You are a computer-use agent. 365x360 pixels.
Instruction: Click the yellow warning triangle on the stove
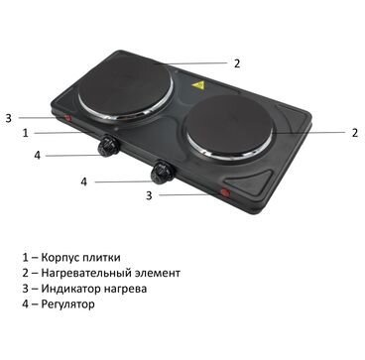[198, 86]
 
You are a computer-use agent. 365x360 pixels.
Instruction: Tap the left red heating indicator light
[68, 118]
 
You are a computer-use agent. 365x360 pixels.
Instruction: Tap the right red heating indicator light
[225, 192]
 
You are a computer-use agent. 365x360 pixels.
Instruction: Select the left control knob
[107, 145]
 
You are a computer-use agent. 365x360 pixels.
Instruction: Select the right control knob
[163, 171]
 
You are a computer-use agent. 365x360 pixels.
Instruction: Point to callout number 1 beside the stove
[26, 133]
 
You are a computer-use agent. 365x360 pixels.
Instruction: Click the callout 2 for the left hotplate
[237, 63]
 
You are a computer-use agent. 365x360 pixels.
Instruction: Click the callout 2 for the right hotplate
[354, 133]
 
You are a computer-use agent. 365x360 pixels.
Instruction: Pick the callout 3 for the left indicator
[9, 118]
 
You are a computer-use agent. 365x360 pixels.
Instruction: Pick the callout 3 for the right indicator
[149, 195]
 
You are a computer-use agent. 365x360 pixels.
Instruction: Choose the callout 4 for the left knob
[38, 156]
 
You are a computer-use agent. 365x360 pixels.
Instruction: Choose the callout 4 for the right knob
[84, 181]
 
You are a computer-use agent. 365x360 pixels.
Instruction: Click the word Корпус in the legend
[61, 258]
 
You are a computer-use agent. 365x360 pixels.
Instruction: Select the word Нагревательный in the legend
[86, 274]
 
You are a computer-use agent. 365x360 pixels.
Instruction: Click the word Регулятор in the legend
[67, 304]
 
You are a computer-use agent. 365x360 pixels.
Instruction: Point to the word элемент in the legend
[158, 274]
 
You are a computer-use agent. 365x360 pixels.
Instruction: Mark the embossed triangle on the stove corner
[253, 181]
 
